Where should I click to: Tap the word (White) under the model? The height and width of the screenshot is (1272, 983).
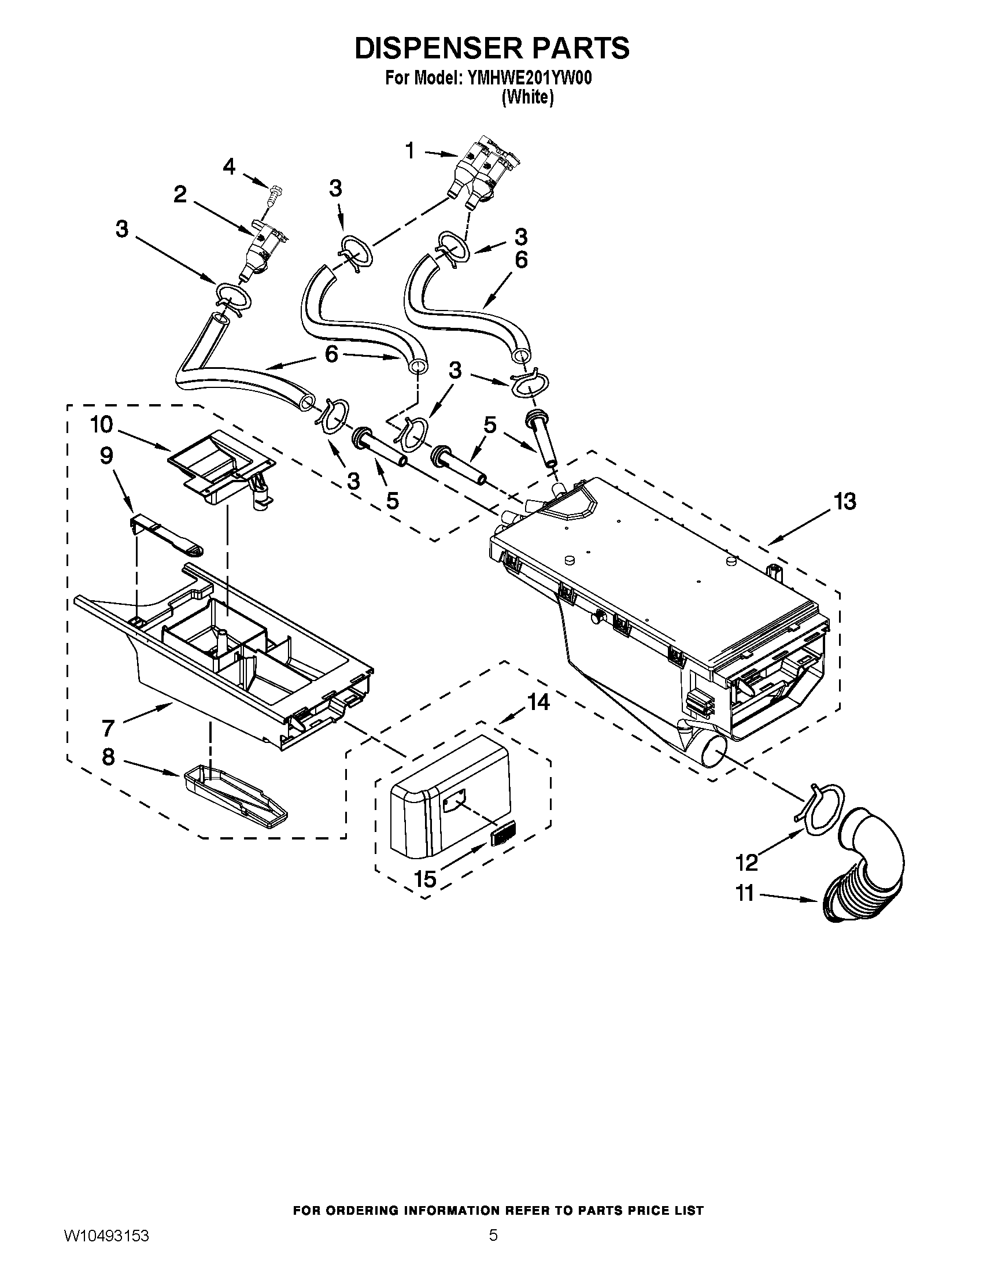point(527,97)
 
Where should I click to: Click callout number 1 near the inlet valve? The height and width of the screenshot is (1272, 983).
point(410,151)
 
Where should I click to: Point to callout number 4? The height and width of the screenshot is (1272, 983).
point(229,167)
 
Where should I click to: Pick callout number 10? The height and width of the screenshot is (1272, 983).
point(101,424)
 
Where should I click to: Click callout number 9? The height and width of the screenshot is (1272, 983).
point(106,456)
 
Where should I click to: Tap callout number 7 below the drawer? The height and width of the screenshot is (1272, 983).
point(108,727)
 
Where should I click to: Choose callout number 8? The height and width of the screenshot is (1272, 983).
point(108,757)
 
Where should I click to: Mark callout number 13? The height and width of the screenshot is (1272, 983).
point(845,501)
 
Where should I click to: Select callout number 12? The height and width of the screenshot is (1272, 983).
point(747,862)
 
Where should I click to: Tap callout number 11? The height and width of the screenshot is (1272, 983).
point(745,893)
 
